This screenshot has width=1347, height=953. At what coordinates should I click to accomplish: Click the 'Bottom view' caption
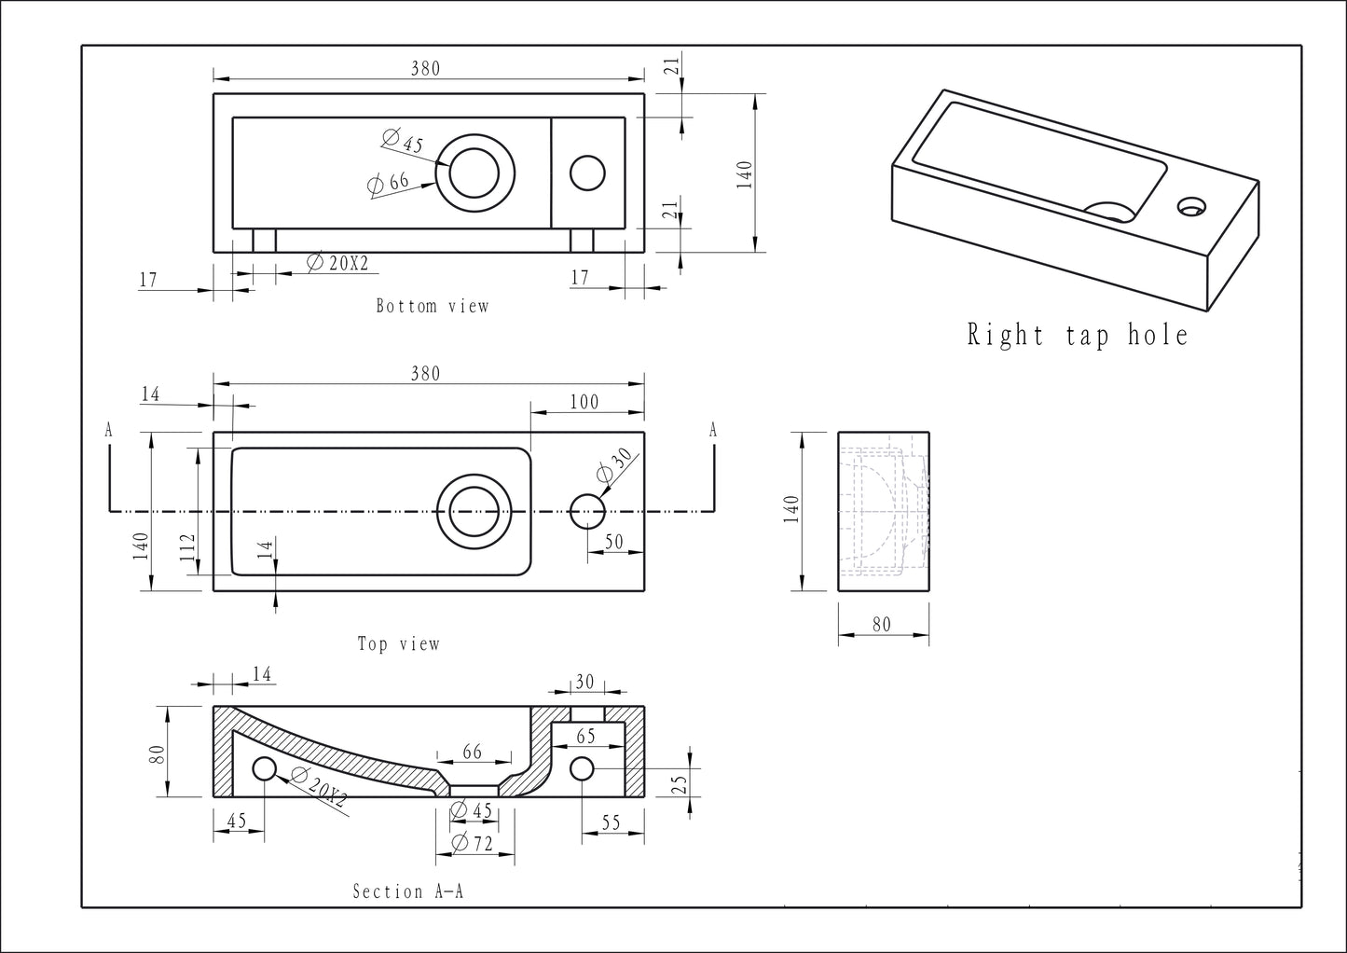(x=432, y=306)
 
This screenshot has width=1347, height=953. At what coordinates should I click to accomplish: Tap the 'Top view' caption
(x=398, y=643)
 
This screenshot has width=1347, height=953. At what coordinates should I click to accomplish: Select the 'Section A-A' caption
(x=407, y=891)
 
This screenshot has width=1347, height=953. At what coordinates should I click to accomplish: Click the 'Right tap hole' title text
(x=1078, y=335)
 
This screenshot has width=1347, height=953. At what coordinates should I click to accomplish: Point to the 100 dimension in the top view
(x=584, y=402)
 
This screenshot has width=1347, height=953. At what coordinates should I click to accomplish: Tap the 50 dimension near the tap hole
(x=614, y=542)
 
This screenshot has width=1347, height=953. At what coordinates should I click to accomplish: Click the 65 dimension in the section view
(x=585, y=736)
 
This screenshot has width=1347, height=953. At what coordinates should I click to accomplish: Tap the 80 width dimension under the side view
(x=882, y=625)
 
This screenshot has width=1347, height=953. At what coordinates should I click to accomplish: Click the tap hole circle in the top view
(x=587, y=511)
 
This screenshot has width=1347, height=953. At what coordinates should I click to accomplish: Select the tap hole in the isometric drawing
(x=1190, y=206)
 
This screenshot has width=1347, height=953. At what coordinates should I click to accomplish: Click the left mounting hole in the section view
(x=265, y=768)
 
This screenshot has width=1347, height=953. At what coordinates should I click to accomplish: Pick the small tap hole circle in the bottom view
(x=587, y=173)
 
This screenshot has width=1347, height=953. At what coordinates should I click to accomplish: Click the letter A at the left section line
(x=109, y=430)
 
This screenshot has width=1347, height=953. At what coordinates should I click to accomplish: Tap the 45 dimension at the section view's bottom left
(x=236, y=821)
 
